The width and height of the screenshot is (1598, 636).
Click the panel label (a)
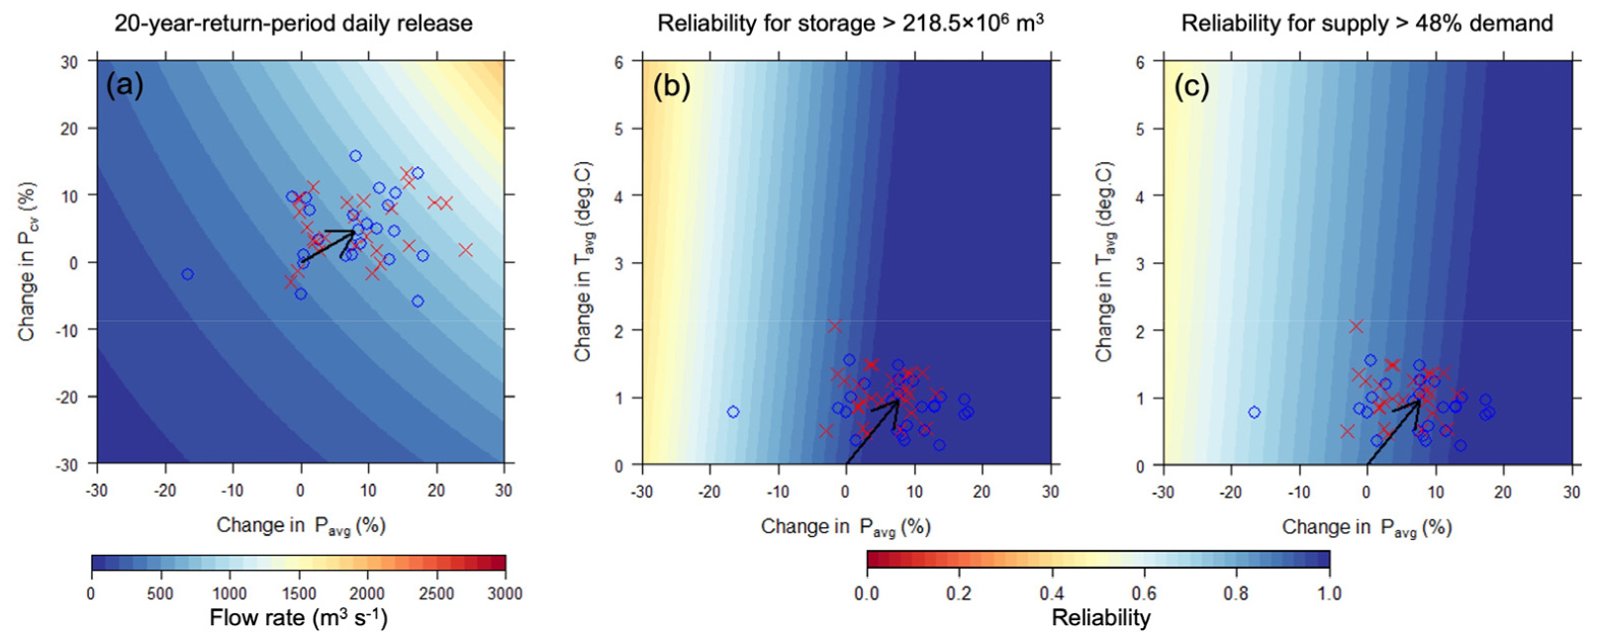click(x=125, y=86)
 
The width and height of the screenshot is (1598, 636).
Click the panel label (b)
click(x=671, y=86)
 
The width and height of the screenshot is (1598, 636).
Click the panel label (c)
click(x=1191, y=86)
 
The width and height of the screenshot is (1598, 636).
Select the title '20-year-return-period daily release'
click(x=294, y=22)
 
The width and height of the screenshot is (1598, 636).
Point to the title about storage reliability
click(x=850, y=22)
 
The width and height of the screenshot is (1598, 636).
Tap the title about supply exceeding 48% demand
click(x=1366, y=22)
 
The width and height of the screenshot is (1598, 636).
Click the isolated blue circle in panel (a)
click(x=188, y=274)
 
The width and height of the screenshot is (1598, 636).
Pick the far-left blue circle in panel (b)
click(x=733, y=411)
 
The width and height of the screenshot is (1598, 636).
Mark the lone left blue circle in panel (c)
click(x=1255, y=412)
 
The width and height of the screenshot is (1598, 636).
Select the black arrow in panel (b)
click(x=872, y=430)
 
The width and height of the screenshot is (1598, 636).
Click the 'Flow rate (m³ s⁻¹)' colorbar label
click(x=298, y=618)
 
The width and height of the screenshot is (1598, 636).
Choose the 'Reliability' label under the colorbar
click(x=1100, y=618)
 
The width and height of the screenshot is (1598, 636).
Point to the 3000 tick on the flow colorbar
click(x=505, y=593)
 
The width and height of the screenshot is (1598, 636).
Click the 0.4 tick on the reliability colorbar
click(x=1052, y=593)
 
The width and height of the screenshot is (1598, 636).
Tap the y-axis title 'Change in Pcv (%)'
click(x=27, y=261)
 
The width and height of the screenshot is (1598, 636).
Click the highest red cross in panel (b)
click(x=834, y=325)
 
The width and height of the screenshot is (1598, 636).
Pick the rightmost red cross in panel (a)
click(x=465, y=250)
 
